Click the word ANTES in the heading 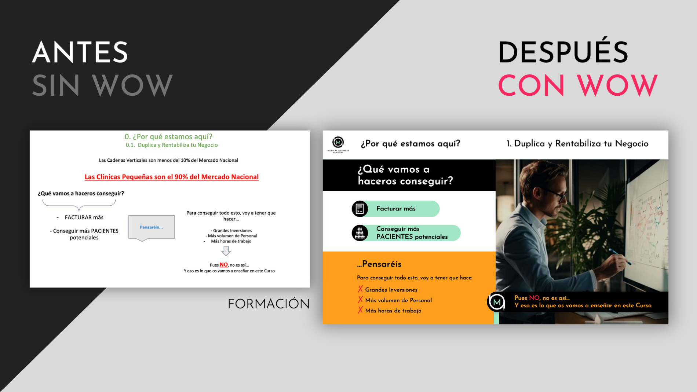tap(80, 52)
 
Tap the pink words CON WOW tap(578, 85)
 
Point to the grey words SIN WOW tap(102, 85)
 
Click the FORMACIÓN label tap(269, 304)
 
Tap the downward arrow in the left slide tap(226, 251)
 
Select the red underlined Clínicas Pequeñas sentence tap(172, 177)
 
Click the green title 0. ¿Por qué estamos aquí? tap(168, 136)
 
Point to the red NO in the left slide tap(224, 265)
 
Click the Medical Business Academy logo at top tap(338, 144)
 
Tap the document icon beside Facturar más tap(360, 209)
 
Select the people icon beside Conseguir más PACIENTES tap(360, 233)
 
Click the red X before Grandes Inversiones tap(360, 289)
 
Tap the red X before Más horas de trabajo tap(360, 310)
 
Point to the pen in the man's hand tap(620, 257)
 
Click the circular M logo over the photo tap(497, 302)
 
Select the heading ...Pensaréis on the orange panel tap(379, 264)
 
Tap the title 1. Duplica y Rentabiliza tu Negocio tap(577, 143)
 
